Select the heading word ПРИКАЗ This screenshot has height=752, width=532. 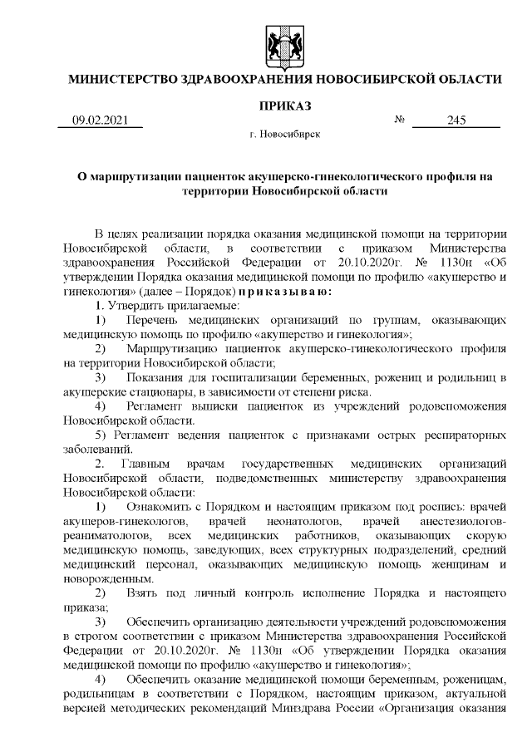pyautogui.click(x=283, y=106)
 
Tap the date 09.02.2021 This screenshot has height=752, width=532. pyautogui.click(x=101, y=120)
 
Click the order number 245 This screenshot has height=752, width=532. pyautogui.click(x=456, y=120)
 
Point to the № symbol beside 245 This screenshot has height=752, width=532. pyautogui.click(x=399, y=120)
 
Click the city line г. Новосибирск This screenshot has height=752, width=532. pyautogui.click(x=283, y=134)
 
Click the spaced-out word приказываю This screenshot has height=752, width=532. pyautogui.click(x=285, y=292)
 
